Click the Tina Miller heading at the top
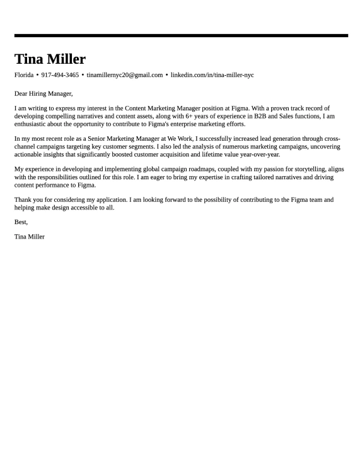pyautogui.click(x=50, y=59)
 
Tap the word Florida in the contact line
pyautogui.click(x=24, y=75)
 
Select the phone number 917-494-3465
pyautogui.click(x=60, y=75)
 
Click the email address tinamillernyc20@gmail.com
pyautogui.click(x=125, y=75)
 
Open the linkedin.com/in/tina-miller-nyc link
pyautogui.click(x=212, y=75)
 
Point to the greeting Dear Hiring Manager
pyautogui.click(x=44, y=93)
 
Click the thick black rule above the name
pyautogui.click(x=181, y=35)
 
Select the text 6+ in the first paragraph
pyautogui.click(x=190, y=116)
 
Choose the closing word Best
pyautogui.click(x=21, y=222)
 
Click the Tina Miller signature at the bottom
pyautogui.click(x=30, y=237)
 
